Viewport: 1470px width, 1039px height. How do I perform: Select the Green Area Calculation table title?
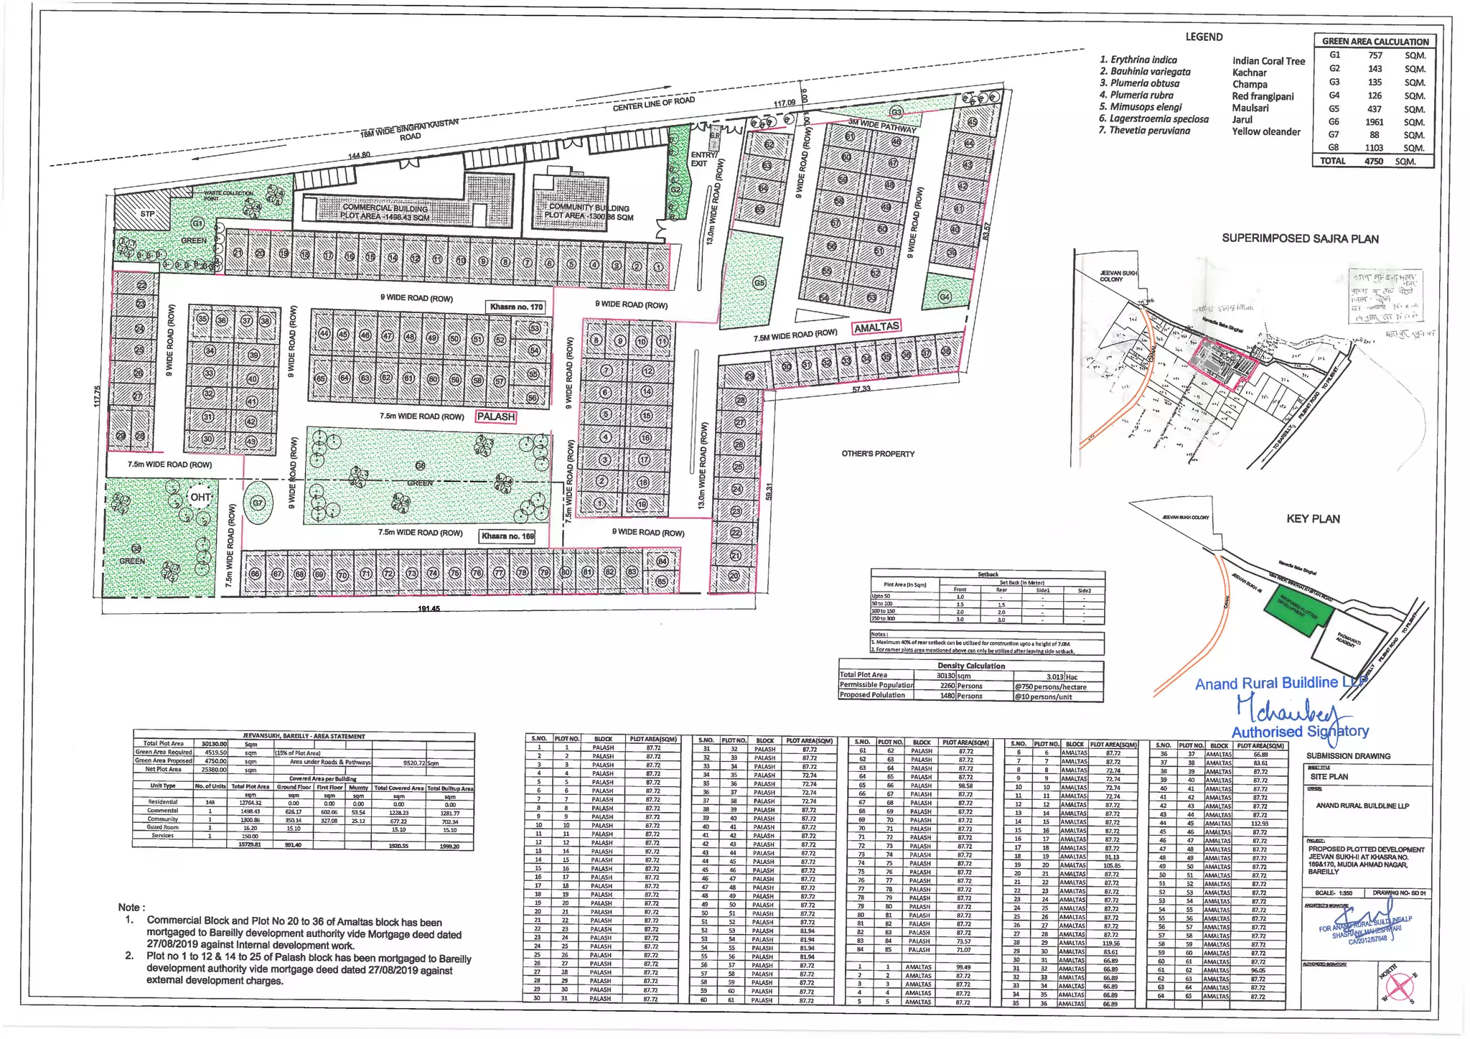point(1375,42)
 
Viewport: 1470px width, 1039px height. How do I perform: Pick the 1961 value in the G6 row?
point(1375,122)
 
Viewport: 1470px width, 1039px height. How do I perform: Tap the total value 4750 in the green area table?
point(1373,162)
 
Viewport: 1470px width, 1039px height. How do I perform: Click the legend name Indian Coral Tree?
point(1268,61)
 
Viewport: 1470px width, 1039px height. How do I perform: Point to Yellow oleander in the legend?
point(1266,131)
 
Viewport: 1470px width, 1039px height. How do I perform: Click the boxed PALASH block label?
point(496,416)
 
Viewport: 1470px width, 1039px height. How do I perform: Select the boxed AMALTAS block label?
point(876,327)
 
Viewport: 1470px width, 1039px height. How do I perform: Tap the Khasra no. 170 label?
point(516,307)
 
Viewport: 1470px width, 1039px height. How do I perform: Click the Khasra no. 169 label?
point(507,536)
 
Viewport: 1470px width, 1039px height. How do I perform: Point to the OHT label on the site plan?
point(200,497)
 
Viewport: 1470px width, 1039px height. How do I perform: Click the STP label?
point(147,214)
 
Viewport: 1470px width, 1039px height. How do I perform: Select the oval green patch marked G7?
point(258,503)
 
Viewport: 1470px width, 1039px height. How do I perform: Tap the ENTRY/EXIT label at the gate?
point(703,159)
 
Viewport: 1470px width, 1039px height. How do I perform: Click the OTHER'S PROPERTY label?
point(878,454)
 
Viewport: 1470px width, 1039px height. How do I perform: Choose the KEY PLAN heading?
point(1313,518)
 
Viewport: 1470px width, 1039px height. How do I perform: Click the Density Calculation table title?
point(970,666)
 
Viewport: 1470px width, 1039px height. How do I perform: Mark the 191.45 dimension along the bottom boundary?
point(429,609)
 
